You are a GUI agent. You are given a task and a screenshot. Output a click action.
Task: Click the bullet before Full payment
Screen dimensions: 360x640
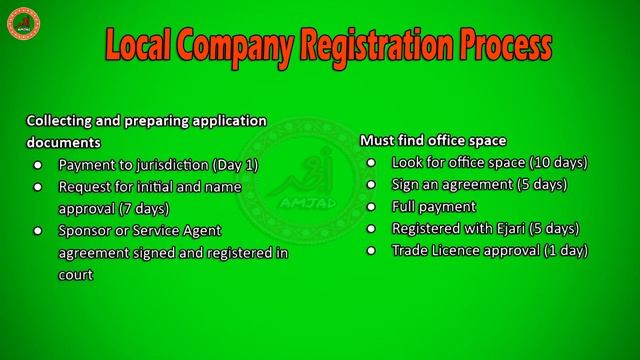tap(371, 206)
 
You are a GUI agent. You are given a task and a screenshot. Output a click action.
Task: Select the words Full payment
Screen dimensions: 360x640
tap(428, 206)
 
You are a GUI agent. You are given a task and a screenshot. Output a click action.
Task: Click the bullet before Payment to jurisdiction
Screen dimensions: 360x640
tap(38, 164)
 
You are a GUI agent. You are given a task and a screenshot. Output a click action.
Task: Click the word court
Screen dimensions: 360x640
tap(76, 274)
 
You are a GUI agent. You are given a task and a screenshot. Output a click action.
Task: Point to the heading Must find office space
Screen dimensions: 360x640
tap(433, 140)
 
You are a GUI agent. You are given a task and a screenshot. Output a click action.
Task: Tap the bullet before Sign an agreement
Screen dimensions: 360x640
tap(371, 184)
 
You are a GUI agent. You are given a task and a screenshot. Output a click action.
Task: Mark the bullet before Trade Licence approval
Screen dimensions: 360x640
tap(371, 250)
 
